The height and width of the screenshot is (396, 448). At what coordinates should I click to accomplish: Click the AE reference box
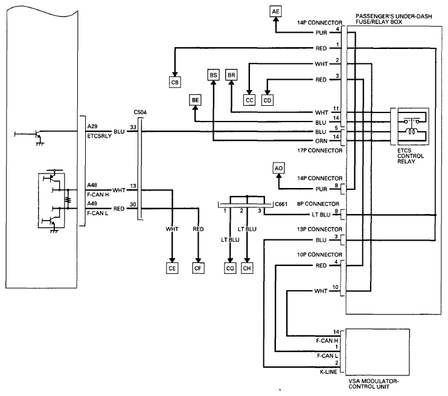(276, 11)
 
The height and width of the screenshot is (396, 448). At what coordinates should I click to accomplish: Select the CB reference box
(175, 82)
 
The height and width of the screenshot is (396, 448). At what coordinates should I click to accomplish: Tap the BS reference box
(213, 74)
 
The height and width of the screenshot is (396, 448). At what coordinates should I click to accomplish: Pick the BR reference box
(231, 74)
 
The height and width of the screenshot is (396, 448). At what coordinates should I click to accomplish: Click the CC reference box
(249, 100)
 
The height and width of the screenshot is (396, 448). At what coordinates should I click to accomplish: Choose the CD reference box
(267, 100)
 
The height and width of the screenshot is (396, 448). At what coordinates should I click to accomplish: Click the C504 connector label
(141, 112)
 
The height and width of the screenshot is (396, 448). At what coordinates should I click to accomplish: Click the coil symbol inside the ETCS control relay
(412, 131)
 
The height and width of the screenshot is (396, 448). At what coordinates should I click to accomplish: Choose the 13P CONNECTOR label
(319, 229)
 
